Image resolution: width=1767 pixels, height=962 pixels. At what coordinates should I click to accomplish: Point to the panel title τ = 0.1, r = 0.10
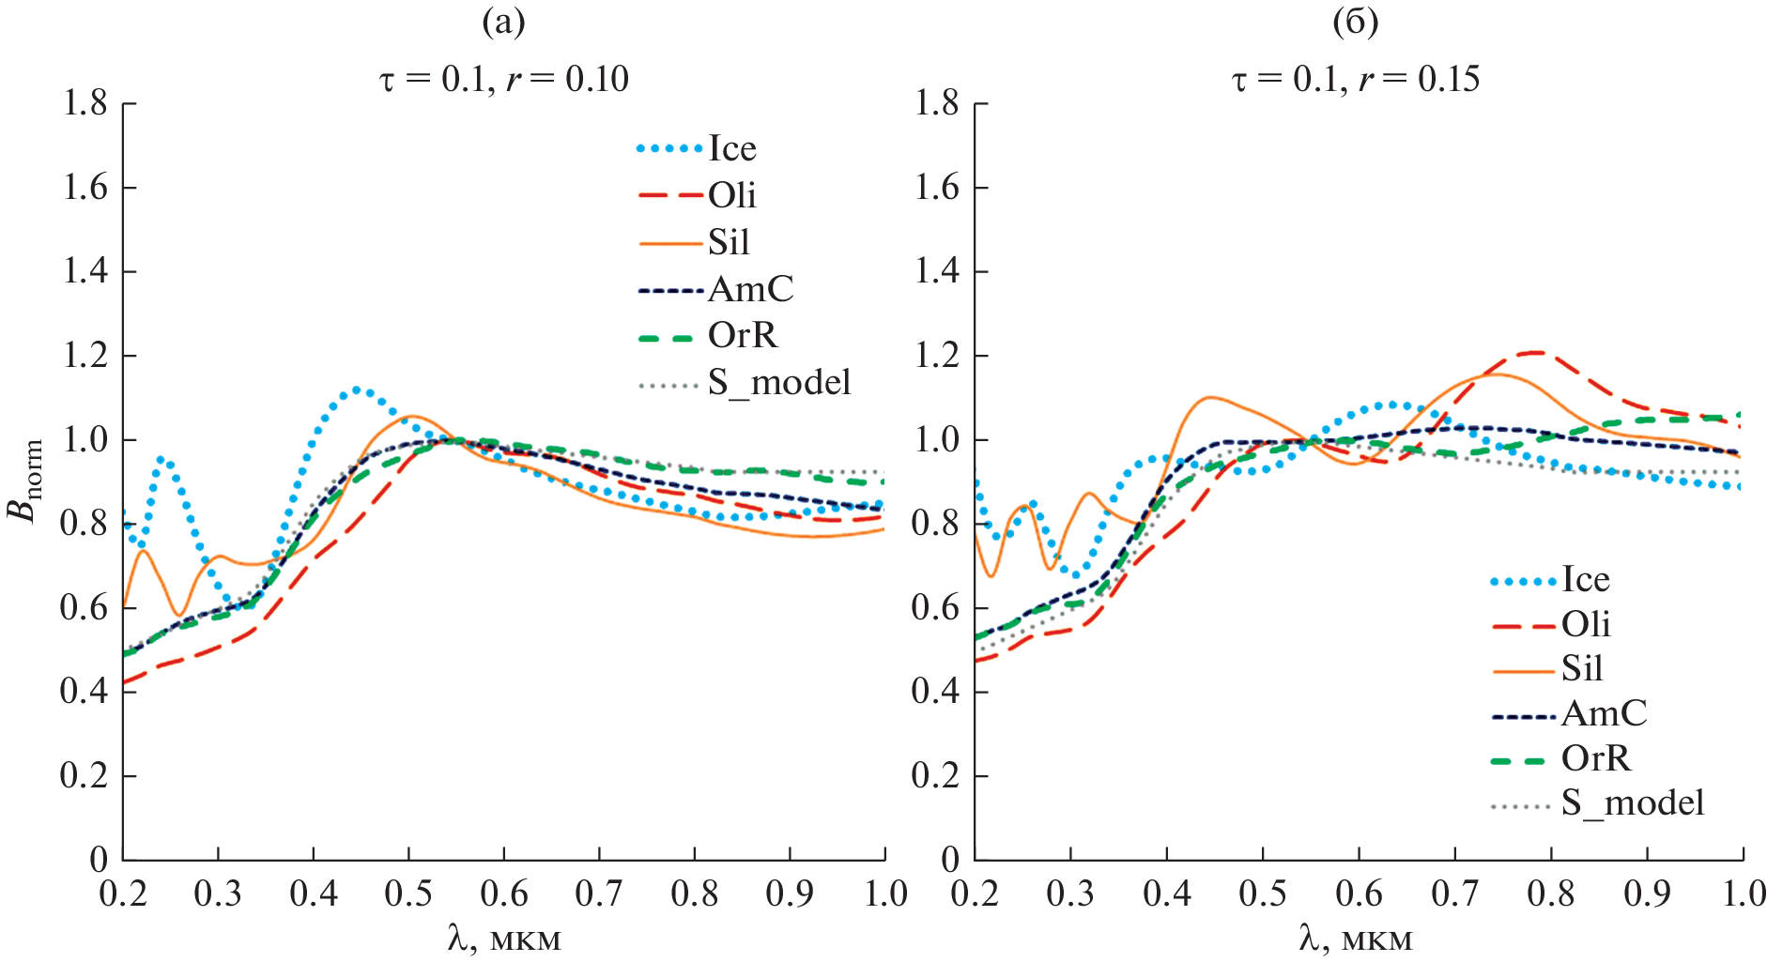click(x=504, y=79)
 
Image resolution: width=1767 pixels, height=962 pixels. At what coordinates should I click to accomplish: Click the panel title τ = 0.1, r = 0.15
click(x=1356, y=79)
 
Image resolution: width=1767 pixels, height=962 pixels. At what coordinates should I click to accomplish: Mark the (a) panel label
click(x=503, y=22)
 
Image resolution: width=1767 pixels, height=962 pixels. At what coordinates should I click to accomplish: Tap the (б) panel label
click(x=1356, y=22)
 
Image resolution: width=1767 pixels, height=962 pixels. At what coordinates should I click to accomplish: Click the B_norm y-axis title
click(x=25, y=481)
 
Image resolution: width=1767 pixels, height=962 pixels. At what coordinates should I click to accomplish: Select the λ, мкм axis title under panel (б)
click(x=1356, y=938)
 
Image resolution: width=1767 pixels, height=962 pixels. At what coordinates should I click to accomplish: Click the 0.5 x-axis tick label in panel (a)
click(x=408, y=893)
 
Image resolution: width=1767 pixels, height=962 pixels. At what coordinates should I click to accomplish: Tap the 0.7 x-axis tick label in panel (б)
click(x=1455, y=893)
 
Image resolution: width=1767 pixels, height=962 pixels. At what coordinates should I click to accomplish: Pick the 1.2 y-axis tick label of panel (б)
click(x=937, y=356)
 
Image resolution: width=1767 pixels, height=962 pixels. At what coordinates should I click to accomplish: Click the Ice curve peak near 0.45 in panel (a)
click(x=358, y=389)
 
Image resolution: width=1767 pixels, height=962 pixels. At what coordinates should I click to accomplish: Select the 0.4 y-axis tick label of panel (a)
click(x=85, y=692)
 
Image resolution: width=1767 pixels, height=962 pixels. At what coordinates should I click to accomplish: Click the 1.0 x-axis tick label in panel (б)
click(x=1744, y=893)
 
